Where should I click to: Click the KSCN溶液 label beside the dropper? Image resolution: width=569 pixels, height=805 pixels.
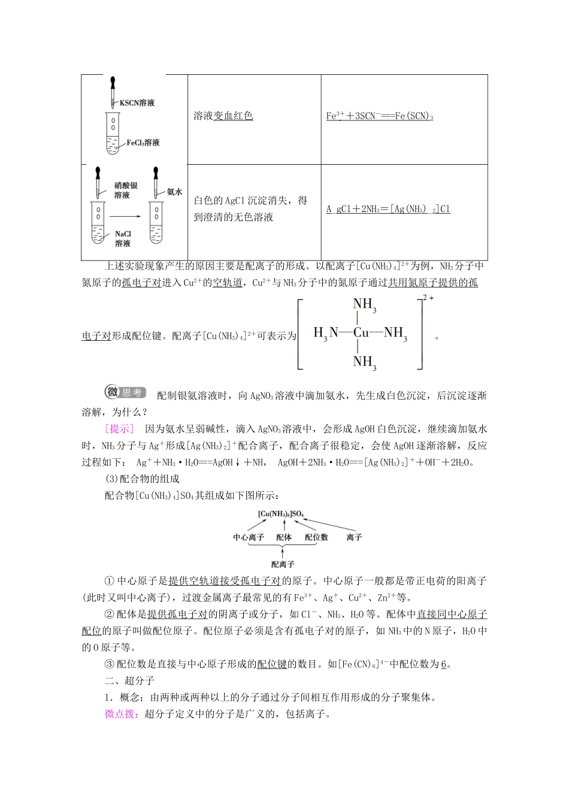tap(137, 103)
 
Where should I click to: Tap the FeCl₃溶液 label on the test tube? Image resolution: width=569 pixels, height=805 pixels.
tap(143, 143)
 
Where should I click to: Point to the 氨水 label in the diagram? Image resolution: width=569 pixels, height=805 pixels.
tap(174, 192)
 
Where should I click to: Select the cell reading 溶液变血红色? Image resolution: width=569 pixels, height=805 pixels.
tap(223, 116)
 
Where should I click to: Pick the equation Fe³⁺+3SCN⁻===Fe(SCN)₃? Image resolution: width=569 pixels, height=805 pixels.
tap(380, 116)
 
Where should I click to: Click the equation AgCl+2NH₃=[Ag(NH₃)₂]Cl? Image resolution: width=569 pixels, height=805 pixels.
tap(388, 209)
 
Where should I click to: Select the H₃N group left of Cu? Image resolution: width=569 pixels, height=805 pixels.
tap(326, 333)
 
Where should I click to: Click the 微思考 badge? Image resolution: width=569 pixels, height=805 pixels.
tap(125, 392)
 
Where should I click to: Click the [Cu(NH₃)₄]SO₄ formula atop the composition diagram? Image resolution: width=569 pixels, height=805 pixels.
tap(282, 513)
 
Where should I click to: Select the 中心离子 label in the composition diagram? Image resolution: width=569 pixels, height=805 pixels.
tap(248, 537)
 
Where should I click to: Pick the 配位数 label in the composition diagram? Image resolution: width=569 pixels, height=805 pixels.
tap(316, 537)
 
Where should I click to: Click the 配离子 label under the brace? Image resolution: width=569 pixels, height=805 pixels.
tap(282, 564)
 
